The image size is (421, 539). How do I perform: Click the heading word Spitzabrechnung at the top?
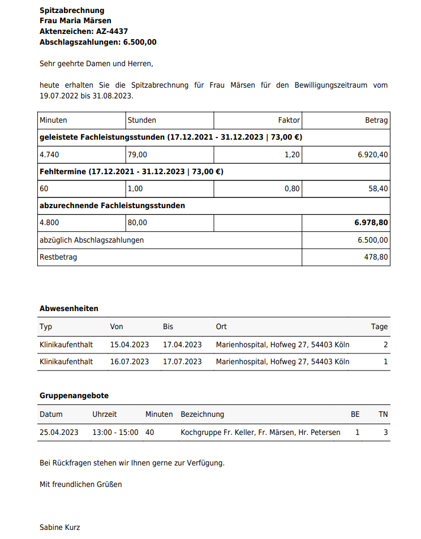point(72,11)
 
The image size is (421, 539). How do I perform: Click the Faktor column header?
point(289,120)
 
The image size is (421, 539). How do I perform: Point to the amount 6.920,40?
point(372,154)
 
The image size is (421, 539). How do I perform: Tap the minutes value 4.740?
point(49,154)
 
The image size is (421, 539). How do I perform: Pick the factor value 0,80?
point(292,189)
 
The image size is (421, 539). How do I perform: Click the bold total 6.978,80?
point(371,223)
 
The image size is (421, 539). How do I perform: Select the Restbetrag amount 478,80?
point(376,257)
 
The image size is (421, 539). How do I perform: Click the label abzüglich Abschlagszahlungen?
point(92,240)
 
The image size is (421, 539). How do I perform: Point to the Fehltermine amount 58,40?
point(378,189)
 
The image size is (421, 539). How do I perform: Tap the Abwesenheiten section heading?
point(69,309)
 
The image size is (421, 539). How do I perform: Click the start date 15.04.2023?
point(130,344)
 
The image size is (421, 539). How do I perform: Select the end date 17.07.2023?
point(182,361)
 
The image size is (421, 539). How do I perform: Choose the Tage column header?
point(379,327)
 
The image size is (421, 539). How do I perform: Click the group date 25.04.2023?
point(59,433)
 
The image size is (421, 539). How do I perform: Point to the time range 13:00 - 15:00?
point(115,433)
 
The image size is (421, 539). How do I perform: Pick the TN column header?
point(383,415)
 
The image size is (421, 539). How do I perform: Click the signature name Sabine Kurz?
point(60,528)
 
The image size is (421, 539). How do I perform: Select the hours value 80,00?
point(138,223)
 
